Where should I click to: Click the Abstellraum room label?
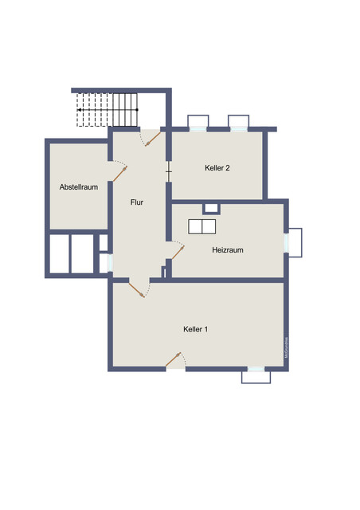(78, 187)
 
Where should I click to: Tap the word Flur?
(137, 202)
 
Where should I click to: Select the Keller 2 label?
(217, 167)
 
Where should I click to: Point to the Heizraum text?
(227, 250)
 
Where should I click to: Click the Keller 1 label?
(196, 328)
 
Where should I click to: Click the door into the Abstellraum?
(118, 171)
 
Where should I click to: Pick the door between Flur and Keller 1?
(137, 288)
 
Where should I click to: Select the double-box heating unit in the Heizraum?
(202, 226)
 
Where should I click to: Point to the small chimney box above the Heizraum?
(211, 209)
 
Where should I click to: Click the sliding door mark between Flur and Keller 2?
(168, 171)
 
